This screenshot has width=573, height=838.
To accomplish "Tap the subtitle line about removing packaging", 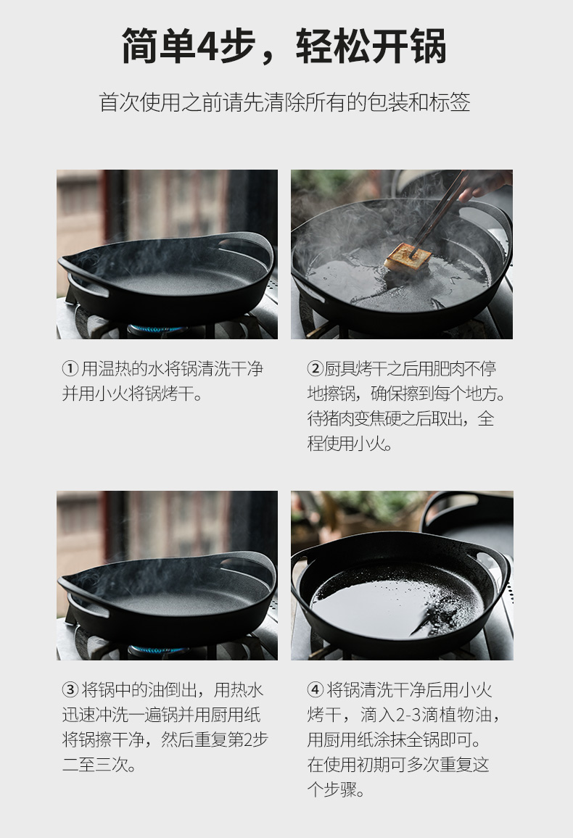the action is tap(284, 102).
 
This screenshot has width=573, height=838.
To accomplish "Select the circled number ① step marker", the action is tap(70, 369).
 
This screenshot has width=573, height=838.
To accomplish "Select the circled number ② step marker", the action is tap(315, 369).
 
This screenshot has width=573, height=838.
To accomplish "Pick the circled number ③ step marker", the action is tap(70, 689).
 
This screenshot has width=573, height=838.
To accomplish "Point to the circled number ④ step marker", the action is tap(315, 689).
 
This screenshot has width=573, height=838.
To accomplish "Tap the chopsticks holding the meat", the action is tap(440, 211).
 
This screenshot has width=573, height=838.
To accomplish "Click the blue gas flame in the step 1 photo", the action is tap(157, 328).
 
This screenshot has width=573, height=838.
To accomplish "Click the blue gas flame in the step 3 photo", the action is tap(157, 650).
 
